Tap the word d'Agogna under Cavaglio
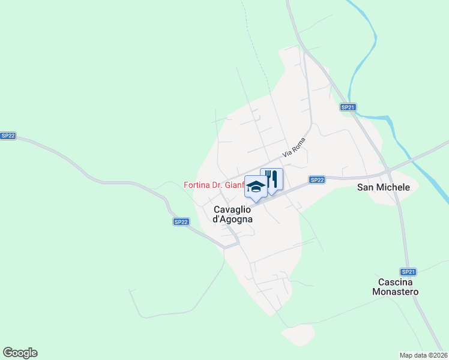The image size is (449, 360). coord(232,219)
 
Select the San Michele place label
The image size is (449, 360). coord(384,187)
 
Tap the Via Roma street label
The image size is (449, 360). coord(294,148)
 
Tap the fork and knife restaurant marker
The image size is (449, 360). coord(271,179)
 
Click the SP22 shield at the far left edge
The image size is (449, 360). coord(8,136)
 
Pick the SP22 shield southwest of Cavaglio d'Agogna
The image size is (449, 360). coord(181,221)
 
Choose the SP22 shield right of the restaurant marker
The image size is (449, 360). coord(317,179)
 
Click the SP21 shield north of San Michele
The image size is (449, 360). coord(348,107)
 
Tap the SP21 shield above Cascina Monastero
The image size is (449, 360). coord(408,271)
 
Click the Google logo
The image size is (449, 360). coord(20,352)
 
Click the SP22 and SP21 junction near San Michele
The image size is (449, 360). coord(388,171)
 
